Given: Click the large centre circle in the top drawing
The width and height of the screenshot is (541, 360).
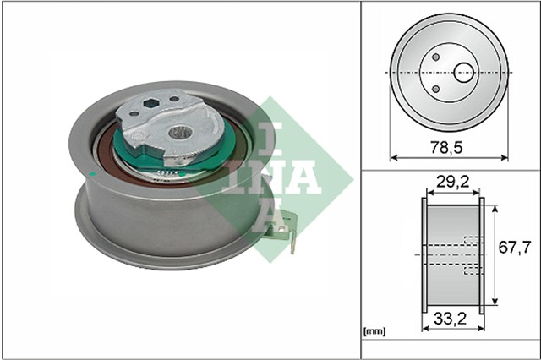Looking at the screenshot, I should [x=463, y=73].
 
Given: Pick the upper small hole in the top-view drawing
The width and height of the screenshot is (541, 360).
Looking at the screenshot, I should [x=434, y=58].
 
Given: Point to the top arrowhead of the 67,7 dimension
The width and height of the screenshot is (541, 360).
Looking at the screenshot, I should [x=491, y=201].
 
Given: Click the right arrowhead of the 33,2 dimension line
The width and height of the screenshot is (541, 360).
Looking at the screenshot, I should [x=483, y=330].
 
